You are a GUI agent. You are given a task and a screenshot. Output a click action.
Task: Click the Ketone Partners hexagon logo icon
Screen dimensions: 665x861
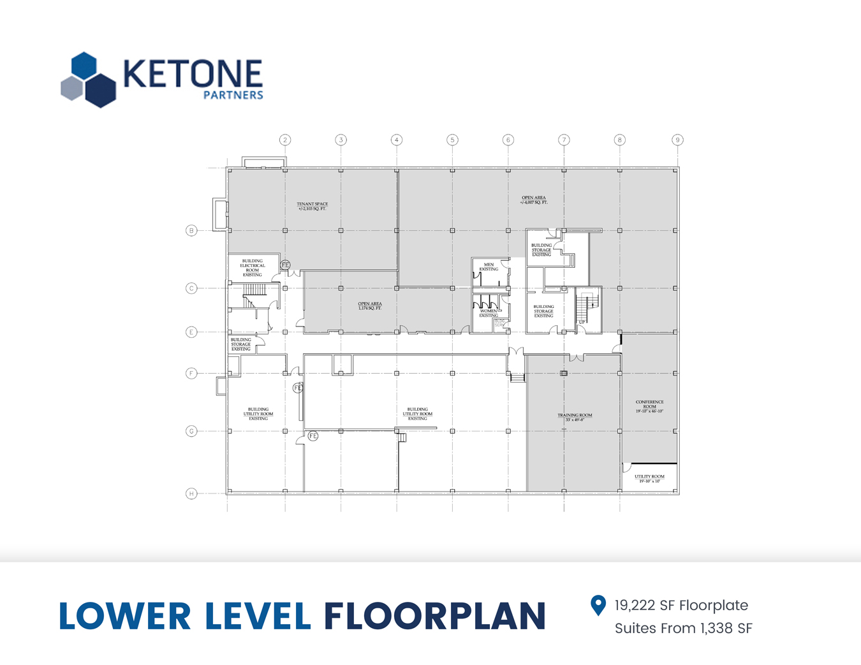(x=89, y=80)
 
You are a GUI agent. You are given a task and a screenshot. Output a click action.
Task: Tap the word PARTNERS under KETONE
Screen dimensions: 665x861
(x=233, y=95)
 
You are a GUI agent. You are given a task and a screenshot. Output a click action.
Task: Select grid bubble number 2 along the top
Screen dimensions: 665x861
(x=285, y=140)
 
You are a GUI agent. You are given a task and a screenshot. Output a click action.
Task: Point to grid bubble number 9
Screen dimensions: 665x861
(x=677, y=140)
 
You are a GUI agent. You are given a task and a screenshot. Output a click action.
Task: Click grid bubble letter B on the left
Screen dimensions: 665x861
(x=191, y=230)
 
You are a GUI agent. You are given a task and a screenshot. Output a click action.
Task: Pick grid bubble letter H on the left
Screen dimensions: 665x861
(x=191, y=493)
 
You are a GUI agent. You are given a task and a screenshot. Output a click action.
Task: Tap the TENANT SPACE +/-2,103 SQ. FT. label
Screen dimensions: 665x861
(x=313, y=207)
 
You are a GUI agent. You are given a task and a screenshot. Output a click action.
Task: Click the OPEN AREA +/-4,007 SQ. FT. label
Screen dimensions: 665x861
(x=534, y=200)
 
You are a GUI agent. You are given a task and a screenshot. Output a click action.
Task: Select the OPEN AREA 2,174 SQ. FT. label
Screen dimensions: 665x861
(x=370, y=306)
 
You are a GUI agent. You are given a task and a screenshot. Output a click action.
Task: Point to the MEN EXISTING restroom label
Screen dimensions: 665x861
(x=489, y=267)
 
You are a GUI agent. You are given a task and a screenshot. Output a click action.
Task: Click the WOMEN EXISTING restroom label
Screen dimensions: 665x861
(x=489, y=313)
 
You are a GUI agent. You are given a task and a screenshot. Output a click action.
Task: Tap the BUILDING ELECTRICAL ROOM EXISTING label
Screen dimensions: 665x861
(x=253, y=268)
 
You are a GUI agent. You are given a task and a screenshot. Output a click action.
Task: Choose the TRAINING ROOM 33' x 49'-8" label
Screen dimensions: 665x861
(x=575, y=418)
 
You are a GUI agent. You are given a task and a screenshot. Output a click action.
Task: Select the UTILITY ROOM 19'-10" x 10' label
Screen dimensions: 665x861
(x=649, y=478)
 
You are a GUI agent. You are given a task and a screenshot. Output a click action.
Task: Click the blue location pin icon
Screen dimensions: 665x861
(x=598, y=605)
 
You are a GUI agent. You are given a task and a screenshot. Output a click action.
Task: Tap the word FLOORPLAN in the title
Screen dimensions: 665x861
(x=434, y=616)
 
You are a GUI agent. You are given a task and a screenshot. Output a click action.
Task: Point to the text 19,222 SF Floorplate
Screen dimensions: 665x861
(x=681, y=606)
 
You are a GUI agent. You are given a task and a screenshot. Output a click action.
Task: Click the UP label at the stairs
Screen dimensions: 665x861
(x=582, y=323)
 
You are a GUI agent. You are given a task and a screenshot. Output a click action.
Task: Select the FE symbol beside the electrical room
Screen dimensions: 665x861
(x=286, y=265)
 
